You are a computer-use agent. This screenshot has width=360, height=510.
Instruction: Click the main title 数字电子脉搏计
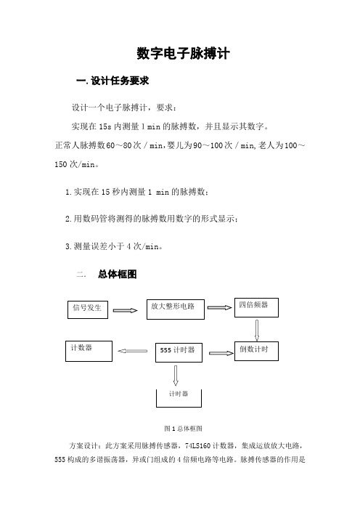point(183,53)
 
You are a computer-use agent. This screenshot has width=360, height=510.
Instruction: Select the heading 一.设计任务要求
point(112,81)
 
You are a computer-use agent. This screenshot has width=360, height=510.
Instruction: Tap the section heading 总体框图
point(118,274)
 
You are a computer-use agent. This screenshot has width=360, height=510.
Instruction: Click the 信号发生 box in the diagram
point(88,309)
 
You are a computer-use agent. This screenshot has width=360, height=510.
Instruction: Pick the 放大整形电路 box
point(176,309)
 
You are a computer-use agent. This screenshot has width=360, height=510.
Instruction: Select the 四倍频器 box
point(256,307)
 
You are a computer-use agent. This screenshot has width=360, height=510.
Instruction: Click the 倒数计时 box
point(256,351)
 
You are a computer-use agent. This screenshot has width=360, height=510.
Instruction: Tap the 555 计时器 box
point(179,352)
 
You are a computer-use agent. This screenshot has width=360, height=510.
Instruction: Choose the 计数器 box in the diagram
point(89,351)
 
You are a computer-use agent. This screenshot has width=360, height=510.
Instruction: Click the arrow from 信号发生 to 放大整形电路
point(125,310)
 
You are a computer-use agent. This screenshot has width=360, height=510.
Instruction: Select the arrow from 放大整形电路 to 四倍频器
point(219,307)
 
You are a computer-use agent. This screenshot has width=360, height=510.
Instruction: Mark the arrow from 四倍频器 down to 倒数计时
point(257,330)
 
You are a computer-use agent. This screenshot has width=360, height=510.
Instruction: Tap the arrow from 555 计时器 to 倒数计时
point(221,353)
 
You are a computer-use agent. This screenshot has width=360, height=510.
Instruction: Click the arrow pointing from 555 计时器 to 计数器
point(133,351)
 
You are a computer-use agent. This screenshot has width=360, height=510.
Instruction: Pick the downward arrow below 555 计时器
point(176,376)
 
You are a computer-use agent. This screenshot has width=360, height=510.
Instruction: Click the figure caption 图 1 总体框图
point(183,429)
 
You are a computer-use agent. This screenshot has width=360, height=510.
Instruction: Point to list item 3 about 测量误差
point(114,246)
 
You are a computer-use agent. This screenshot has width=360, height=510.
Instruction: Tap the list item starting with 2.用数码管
point(152,219)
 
